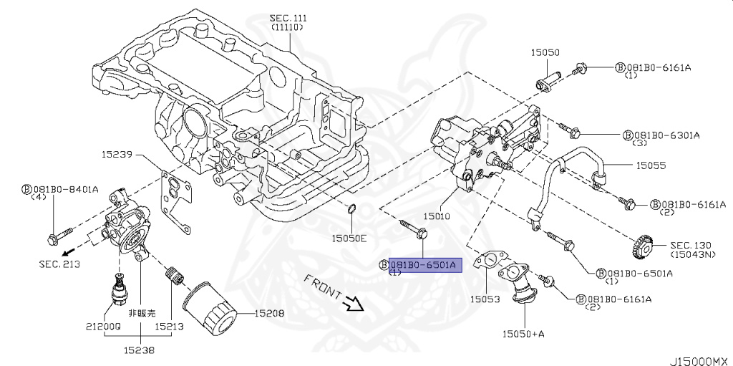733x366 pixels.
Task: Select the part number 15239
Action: tap(117, 153)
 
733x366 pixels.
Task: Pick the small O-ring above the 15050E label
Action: tap(351, 209)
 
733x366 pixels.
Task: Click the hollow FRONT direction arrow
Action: tap(352, 304)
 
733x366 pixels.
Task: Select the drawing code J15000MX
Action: tap(698, 357)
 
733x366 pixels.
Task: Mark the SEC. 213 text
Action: tap(59, 264)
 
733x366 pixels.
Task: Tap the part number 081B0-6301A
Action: tap(666, 134)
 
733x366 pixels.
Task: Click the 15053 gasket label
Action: tap(485, 299)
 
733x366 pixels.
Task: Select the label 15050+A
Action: tap(524, 333)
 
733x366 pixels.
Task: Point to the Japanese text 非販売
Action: tap(141, 313)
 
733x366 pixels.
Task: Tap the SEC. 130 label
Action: tap(690, 244)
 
